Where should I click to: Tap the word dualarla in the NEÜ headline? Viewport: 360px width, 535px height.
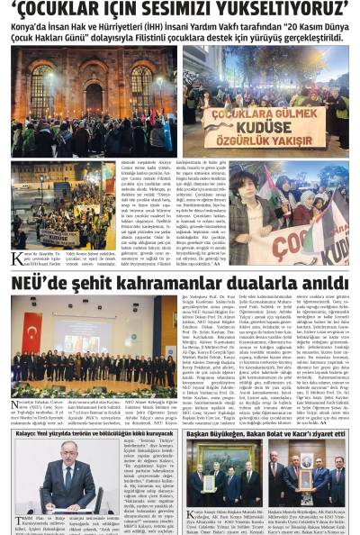[x=270, y=284]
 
